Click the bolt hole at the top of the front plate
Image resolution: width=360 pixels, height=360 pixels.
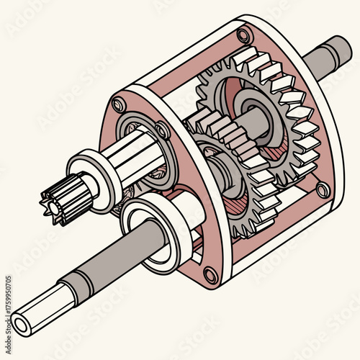[119, 105]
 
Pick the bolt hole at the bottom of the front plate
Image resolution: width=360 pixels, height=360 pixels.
[210, 274]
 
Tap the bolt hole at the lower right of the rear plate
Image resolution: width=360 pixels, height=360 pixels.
[323, 190]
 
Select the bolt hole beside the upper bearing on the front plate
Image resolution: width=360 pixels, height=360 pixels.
[163, 130]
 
